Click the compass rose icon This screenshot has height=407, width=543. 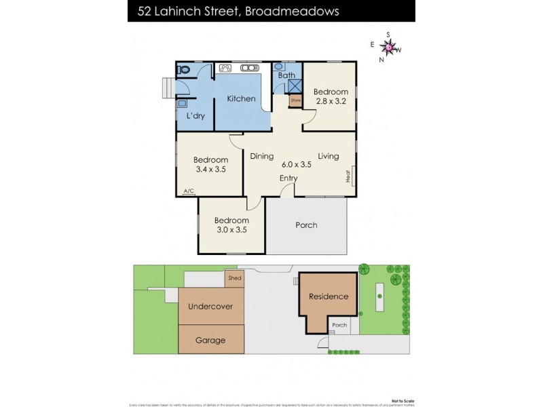tap(389, 47)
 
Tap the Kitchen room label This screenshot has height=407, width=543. tap(241, 99)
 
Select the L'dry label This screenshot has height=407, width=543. tap(195, 116)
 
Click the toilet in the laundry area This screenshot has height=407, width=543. tap(183, 69)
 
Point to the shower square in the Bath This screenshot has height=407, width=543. tap(295, 87)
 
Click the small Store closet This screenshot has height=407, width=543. tap(295, 101)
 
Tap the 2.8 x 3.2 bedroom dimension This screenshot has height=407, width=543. tap(331, 102)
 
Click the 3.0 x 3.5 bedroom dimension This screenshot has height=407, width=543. tap(231, 230)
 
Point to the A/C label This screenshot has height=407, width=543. tap(188, 192)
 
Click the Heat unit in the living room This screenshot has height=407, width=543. tap(349, 176)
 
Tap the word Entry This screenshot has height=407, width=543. tap(288, 178)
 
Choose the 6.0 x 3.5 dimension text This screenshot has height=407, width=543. tap(296, 163)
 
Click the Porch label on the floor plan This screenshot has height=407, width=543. tap(306, 225)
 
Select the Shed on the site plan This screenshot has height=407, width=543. tap(234, 278)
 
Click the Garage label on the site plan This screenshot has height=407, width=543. tap(210, 341)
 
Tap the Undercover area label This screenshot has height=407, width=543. tap(210, 307)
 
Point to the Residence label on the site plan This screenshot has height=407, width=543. tap(329, 296)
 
